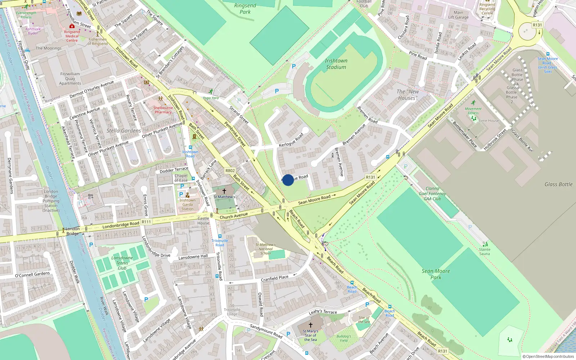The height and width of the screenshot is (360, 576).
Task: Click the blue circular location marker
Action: click(288, 180)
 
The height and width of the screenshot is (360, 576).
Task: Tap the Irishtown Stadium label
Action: click(336, 64)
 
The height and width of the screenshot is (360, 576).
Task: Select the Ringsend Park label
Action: click(245, 8)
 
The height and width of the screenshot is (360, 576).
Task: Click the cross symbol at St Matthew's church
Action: click(224, 191)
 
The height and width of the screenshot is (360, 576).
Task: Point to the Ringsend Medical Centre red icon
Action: click(72, 26)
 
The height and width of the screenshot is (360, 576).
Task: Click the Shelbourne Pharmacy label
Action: click(163, 110)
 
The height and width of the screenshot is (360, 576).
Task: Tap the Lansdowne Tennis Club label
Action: click(122, 263)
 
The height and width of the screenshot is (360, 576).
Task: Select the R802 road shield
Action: click(230, 171)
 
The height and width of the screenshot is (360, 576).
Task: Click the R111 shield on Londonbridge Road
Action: click(146, 222)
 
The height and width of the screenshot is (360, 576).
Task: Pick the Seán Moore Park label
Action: click(436, 274)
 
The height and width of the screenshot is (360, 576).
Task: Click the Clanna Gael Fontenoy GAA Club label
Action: click(432, 193)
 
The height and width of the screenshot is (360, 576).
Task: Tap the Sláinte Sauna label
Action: click(485, 251)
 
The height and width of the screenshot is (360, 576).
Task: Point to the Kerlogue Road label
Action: click(291, 140)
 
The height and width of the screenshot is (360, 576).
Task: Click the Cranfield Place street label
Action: click(274, 278)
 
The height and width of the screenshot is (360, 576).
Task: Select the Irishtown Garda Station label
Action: click(187, 204)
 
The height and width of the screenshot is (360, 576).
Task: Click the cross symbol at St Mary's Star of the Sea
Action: click(310, 325)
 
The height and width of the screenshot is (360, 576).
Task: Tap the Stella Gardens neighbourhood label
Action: click(123, 131)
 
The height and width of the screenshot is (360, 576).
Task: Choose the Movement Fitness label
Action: click(473, 111)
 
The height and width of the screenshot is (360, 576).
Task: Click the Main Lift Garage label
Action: click(458, 15)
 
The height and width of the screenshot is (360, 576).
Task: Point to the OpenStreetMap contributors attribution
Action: click(548, 356)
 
